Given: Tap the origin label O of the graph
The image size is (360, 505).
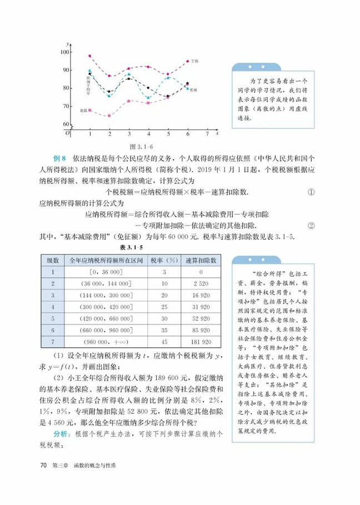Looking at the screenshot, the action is coord(67,133).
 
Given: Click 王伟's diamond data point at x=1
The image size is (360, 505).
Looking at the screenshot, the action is coord(90,56).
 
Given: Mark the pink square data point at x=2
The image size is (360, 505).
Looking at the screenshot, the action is coord(109,116).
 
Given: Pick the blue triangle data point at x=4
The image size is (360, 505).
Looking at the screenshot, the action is coord(148,98).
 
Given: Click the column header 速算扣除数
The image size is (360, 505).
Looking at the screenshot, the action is coord(201,260).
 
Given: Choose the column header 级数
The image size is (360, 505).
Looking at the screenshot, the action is coord(53,260).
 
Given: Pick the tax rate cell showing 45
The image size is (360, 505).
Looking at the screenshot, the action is coord(165,342).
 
